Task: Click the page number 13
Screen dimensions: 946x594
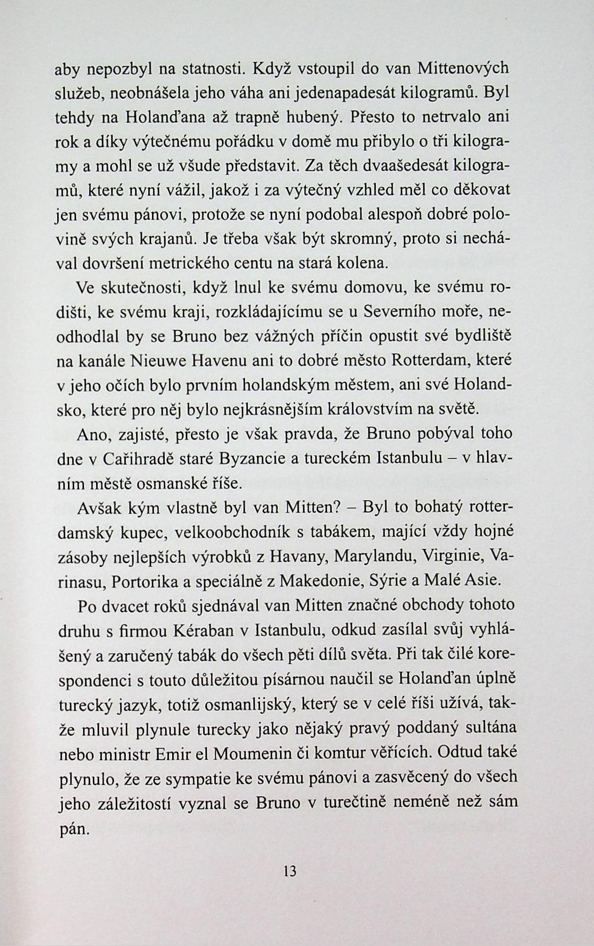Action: [x=290, y=872]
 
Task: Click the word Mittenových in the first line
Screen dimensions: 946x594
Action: [x=463, y=69]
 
